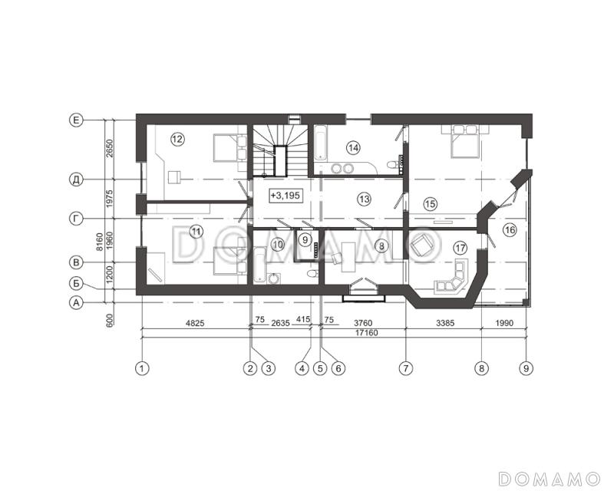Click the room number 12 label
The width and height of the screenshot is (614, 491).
point(178,139)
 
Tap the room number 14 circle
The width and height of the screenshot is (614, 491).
point(354,148)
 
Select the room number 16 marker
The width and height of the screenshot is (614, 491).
point(510,230)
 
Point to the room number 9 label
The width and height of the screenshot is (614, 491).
point(305,240)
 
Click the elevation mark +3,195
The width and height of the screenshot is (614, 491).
point(286,195)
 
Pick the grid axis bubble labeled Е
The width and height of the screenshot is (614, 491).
point(76,120)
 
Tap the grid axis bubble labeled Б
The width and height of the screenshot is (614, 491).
point(76,282)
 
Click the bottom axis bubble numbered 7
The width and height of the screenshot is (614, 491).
point(406,368)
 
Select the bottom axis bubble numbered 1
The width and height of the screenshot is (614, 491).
point(142,368)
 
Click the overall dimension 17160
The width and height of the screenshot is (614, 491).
point(367,333)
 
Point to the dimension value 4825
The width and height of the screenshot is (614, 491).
point(195,324)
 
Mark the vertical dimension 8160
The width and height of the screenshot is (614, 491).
point(100,242)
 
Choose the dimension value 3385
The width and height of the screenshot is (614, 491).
point(445,324)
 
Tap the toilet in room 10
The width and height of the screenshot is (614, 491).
point(312,273)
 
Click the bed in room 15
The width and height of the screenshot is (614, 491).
point(465,141)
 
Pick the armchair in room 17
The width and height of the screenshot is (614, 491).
point(422,246)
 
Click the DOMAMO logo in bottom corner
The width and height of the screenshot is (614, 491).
point(549,479)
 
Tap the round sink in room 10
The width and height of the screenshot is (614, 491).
point(276,278)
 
